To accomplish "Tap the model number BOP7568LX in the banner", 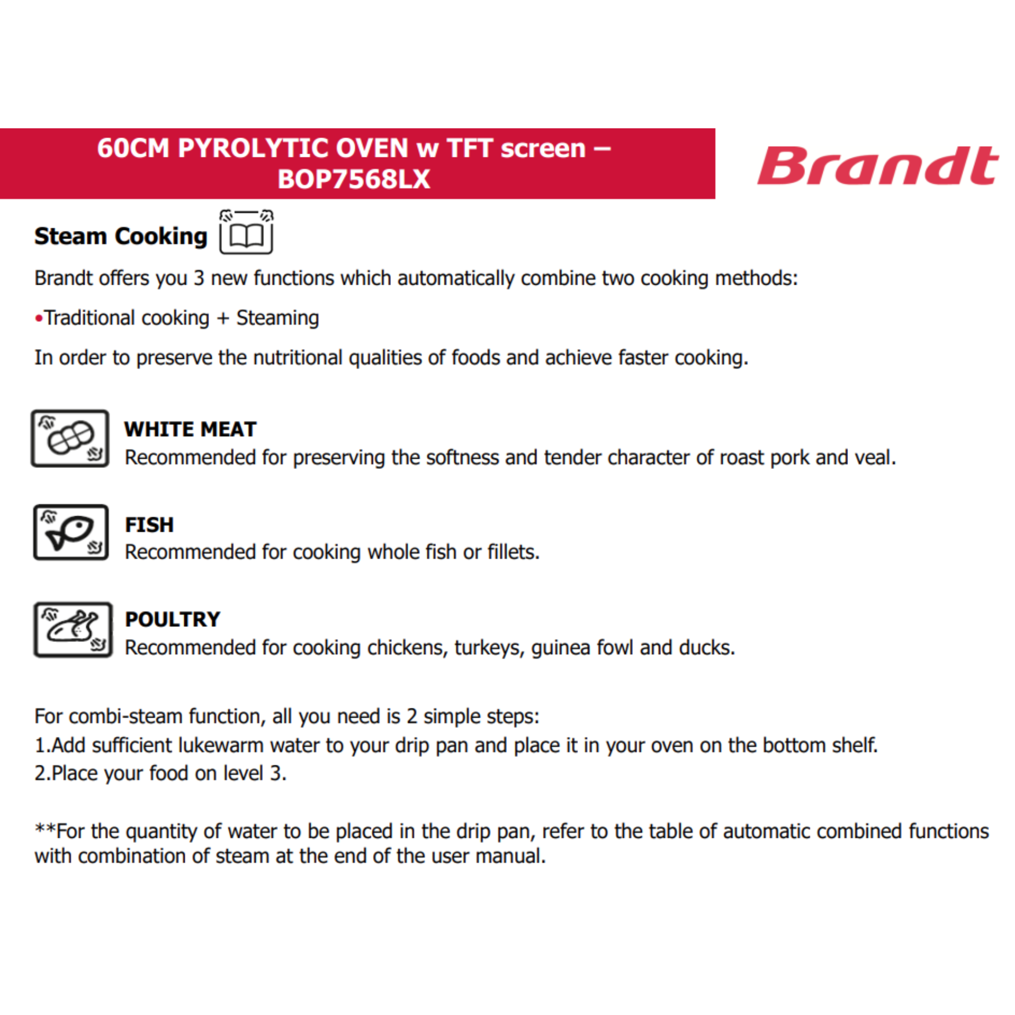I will [354, 179].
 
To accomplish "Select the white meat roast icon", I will [71, 438].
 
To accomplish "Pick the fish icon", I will [71, 533].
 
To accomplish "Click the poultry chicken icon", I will [73, 629].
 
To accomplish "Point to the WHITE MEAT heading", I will [190, 429].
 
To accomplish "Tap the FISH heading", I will [149, 525].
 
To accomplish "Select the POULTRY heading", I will [173, 619].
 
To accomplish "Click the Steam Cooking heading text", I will [121, 236].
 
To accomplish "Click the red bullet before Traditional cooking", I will [39, 318].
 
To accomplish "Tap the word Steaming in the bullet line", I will [278, 318].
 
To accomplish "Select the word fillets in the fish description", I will [513, 552].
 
